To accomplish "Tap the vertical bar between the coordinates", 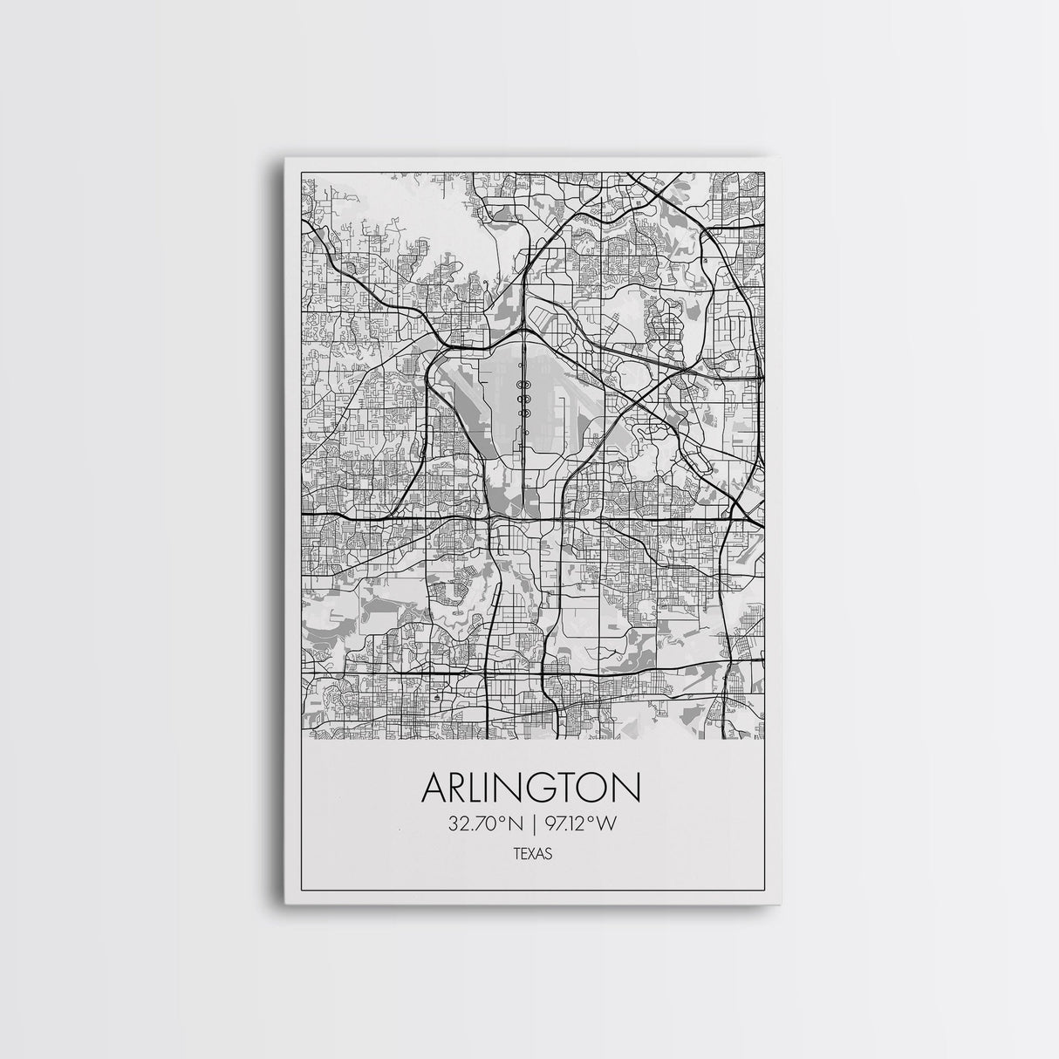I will click(530, 824).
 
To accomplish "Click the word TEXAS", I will click(530, 857).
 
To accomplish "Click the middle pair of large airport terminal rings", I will click(524, 398).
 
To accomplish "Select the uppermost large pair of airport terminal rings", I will click(524, 384).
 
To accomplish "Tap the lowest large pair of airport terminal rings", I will click(524, 412).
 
